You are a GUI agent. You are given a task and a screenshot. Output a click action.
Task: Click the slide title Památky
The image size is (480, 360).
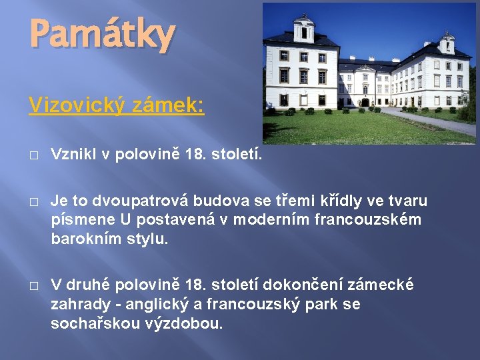pyautogui.click(x=101, y=35)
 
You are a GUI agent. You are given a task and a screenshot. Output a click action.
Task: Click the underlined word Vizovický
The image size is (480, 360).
pyautogui.click(x=75, y=105)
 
